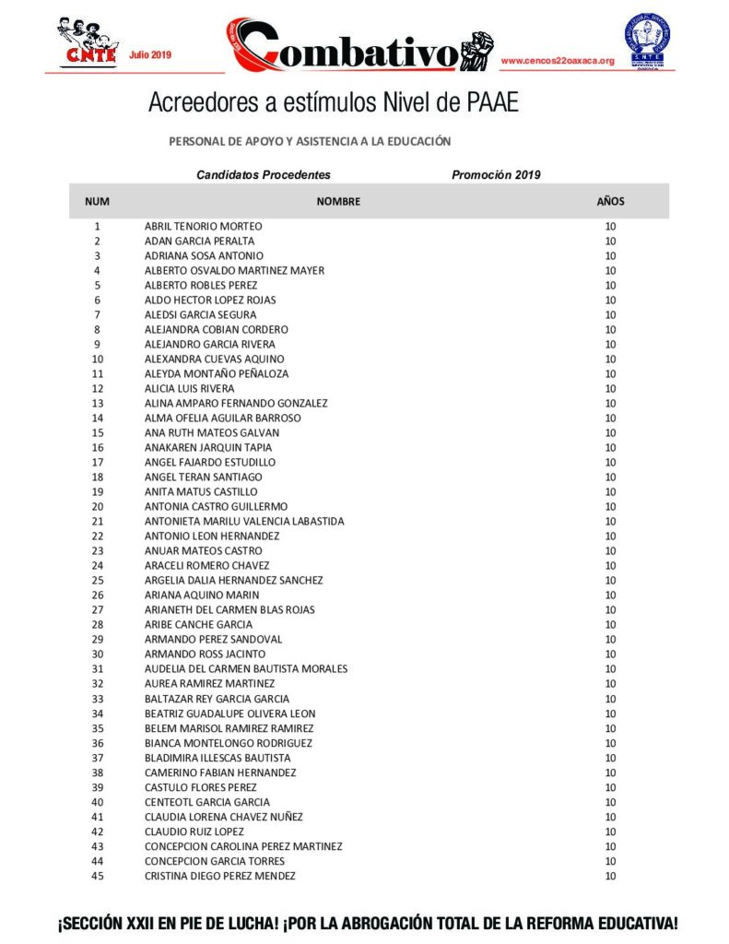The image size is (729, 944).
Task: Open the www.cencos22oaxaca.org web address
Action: tap(557, 61)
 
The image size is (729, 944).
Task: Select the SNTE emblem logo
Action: tap(647, 41)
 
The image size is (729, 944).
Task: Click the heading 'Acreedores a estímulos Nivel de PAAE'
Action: tap(333, 102)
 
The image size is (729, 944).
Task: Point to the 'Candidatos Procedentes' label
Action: tap(264, 174)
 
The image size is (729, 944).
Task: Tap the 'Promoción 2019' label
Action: tap(496, 174)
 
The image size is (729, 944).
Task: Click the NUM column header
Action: tap(98, 201)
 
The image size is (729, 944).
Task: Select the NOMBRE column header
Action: tap(338, 201)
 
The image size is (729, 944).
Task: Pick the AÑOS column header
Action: tap(610, 201)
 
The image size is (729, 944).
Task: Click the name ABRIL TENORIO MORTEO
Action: tap(203, 226)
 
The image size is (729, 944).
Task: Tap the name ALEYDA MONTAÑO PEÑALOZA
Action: tap(217, 373)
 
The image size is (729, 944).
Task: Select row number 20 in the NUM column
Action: tap(98, 506)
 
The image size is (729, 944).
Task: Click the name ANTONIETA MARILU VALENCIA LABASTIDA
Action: tap(244, 521)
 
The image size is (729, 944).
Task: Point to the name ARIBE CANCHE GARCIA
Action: tap(198, 624)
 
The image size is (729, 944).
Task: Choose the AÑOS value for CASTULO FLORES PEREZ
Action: tap(610, 787)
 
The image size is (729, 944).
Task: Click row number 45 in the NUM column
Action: tap(98, 876)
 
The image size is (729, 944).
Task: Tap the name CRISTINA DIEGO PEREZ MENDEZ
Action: tap(220, 876)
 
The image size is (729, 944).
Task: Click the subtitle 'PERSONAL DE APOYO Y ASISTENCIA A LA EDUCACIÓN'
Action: tap(310, 141)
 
